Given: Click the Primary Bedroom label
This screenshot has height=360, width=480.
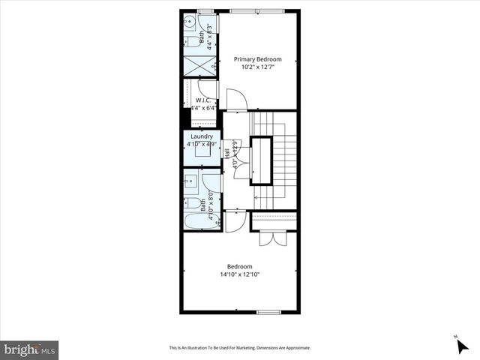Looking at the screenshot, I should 257,59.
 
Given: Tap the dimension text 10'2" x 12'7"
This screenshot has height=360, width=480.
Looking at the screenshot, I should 257,67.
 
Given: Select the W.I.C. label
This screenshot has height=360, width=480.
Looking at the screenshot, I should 202,100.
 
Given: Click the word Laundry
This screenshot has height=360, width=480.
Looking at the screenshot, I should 202,136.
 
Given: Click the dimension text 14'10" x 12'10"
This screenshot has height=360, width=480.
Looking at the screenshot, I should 240,274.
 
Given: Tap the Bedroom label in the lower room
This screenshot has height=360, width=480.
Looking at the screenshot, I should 240,266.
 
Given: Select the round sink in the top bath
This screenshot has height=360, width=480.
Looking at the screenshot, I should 190,22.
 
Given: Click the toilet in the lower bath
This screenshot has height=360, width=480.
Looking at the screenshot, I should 192,203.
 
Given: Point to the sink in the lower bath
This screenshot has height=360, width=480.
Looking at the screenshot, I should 190,180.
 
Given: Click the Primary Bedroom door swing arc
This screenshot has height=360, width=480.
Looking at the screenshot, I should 235,97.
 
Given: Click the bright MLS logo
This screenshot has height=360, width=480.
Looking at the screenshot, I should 30,349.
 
